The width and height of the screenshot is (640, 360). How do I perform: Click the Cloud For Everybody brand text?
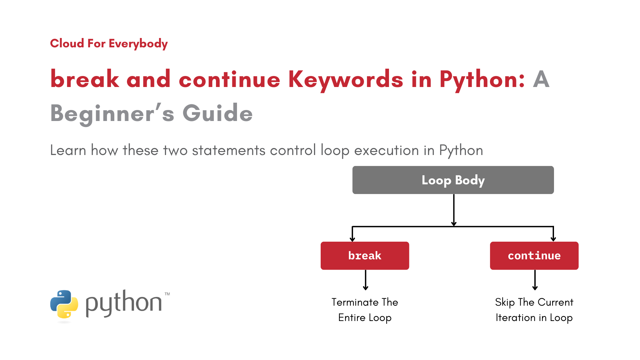pos(109,43)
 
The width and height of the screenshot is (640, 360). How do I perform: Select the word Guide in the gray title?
pos(218,113)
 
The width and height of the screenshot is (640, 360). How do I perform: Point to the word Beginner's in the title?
pos(112,113)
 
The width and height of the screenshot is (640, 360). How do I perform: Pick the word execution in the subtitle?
pos(386,150)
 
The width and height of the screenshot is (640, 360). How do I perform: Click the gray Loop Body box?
pos(453,180)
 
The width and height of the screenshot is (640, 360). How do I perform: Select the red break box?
pos(365,256)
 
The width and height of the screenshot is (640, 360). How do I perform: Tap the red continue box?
pos(534,256)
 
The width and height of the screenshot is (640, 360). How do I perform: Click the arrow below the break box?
pos(366,280)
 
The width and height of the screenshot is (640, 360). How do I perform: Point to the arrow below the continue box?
pos(535,280)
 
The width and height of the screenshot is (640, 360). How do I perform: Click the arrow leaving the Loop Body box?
pos(454,210)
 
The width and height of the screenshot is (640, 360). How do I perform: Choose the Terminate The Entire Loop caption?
pos(365,310)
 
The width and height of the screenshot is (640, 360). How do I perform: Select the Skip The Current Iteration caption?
pos(534,310)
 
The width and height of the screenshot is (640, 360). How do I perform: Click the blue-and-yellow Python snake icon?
pos(64,304)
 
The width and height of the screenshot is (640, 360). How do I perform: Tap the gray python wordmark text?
pos(123,303)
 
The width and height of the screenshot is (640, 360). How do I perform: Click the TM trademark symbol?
pos(167,294)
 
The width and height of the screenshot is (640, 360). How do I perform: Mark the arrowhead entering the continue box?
pos(553,239)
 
